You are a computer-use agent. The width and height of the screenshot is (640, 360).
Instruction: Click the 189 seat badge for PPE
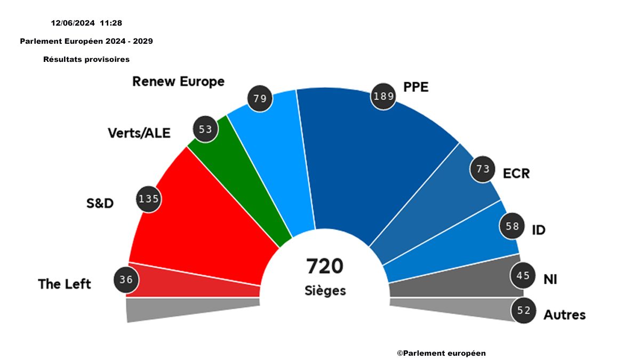point(383,97)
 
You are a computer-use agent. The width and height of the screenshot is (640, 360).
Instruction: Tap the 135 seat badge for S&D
point(148,199)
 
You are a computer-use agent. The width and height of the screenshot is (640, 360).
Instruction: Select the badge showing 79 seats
point(260,98)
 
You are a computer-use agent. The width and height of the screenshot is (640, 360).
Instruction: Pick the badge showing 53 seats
point(205,130)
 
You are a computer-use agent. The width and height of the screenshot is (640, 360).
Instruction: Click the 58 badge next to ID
point(512,226)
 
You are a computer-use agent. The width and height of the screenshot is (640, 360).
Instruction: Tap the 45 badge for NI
point(523,276)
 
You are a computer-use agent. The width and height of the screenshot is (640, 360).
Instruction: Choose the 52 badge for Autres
point(524,310)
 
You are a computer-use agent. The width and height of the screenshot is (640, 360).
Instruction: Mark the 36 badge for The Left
point(126,279)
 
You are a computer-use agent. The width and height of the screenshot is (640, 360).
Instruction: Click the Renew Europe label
point(178,82)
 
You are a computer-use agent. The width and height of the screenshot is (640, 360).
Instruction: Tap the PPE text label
point(415,87)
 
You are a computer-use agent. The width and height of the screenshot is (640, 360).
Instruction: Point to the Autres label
point(564,315)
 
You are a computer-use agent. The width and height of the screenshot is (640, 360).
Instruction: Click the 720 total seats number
point(324,266)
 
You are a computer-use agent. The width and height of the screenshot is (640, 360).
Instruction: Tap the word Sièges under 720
point(325,291)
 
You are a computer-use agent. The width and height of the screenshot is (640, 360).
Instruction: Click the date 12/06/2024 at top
point(73,23)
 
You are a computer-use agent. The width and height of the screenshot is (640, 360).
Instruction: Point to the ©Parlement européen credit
point(441,353)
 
